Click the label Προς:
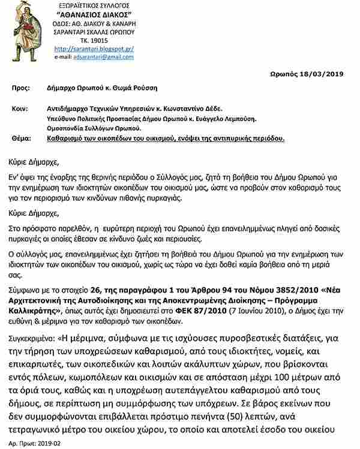pyautogui.click(x=20, y=88)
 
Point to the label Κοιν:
pyautogui.click(x=20, y=110)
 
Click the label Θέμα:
pyautogui.click(x=22, y=137)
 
